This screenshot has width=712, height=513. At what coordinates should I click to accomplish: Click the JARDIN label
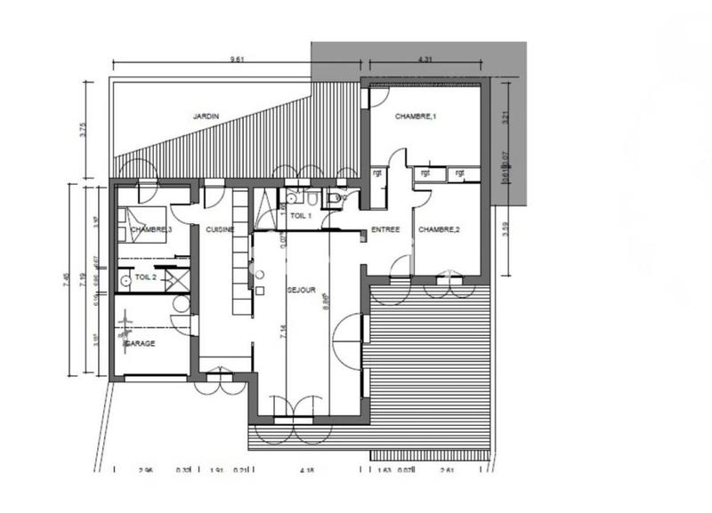click(x=206, y=116)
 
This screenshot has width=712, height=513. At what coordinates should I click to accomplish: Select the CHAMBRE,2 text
click(x=439, y=229)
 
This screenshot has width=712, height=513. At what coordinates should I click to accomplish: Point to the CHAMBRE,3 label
click(x=150, y=230)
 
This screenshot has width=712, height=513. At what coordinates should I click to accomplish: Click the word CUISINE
click(x=220, y=230)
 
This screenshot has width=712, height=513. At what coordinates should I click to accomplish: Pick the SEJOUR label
click(x=300, y=290)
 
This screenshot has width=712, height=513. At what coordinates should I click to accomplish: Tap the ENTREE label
click(x=385, y=229)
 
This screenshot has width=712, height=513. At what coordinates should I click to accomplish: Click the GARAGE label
click(x=140, y=342)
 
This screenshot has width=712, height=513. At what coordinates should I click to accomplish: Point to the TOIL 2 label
click(x=145, y=277)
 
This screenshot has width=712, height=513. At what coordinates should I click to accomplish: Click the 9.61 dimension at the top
click(x=237, y=60)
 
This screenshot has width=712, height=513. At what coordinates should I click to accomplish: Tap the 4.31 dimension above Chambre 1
click(x=425, y=60)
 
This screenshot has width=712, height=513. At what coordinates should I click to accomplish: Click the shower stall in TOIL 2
click(x=176, y=278)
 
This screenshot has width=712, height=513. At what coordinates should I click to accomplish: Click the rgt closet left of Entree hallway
click(x=377, y=173)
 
